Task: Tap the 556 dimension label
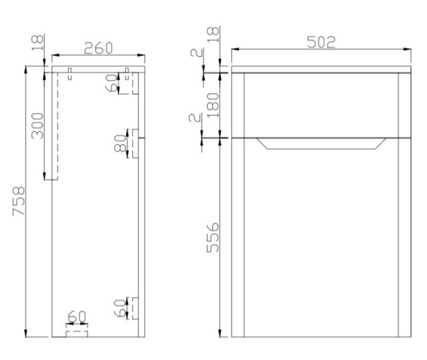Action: pos(212,238)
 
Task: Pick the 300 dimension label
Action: pos(37,125)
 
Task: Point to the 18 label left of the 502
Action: pos(212,35)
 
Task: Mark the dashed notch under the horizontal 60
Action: pos(76,332)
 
